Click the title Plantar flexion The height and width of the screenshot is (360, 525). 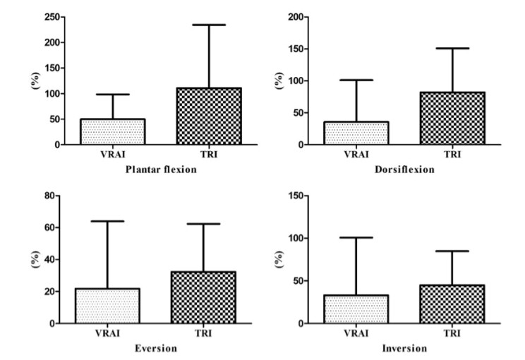162,170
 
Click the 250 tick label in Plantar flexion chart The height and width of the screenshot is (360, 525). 49,17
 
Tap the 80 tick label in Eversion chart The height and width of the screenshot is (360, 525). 51,196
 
